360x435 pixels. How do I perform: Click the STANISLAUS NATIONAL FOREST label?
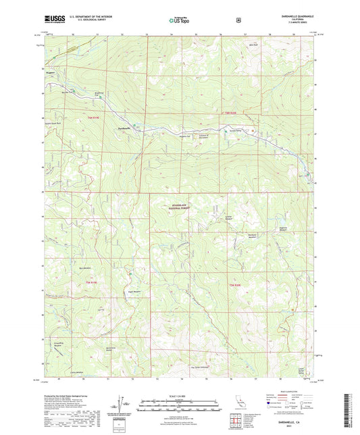pos(184,209)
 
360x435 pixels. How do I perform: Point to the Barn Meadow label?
pos(85,268)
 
